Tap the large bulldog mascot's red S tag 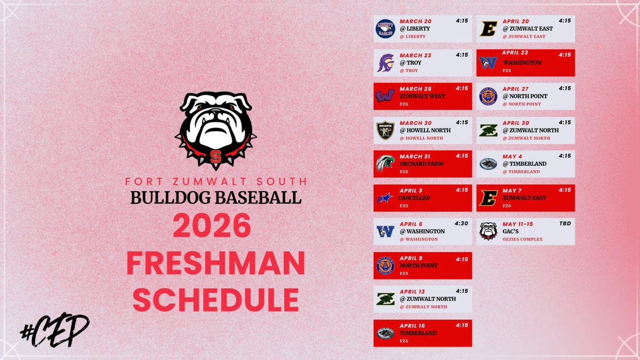[x=215, y=156]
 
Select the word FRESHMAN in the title [x=215, y=264]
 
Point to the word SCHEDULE [x=215, y=300]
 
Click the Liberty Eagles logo [x=385, y=29]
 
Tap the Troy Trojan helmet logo [x=385, y=62]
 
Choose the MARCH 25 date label [x=416, y=89]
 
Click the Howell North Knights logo [x=385, y=130]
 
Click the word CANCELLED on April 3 [x=414, y=198]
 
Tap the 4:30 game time [x=461, y=223]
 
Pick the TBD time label [x=564, y=223]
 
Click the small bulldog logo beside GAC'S [x=488, y=231]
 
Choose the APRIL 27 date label [x=518, y=89]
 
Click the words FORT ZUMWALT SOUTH [x=215, y=182]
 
